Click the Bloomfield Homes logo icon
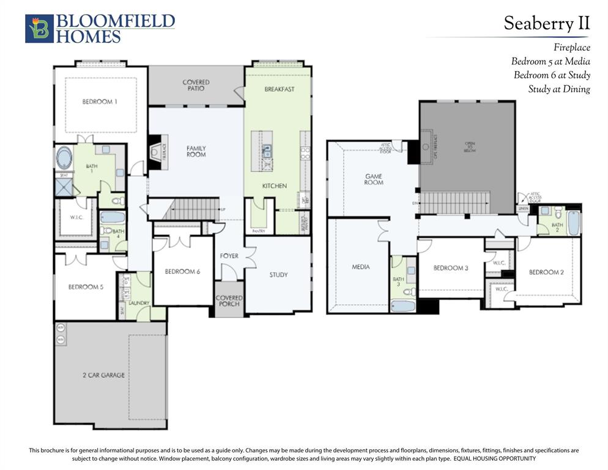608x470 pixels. pos(39,29)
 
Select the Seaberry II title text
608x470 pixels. pos(546,23)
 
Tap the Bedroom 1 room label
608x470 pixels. pos(100,102)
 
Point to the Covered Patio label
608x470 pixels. pos(196,85)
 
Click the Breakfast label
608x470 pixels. pos(280,89)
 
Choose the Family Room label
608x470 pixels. pos(196,151)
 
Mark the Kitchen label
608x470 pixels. pos(275,185)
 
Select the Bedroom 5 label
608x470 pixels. pos(85,286)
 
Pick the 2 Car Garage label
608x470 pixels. pos(104,375)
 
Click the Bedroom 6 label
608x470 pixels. pos(182,271)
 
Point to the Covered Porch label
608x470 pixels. pos(229,301)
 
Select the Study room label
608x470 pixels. pos(278,275)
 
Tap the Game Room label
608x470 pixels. pos(373,179)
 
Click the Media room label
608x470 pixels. pos(361,267)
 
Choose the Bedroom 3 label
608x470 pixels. pos(451,268)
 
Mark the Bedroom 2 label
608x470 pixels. pos(546,272)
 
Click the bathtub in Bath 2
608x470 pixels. pos(573,223)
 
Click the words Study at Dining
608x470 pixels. pos(559,89)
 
